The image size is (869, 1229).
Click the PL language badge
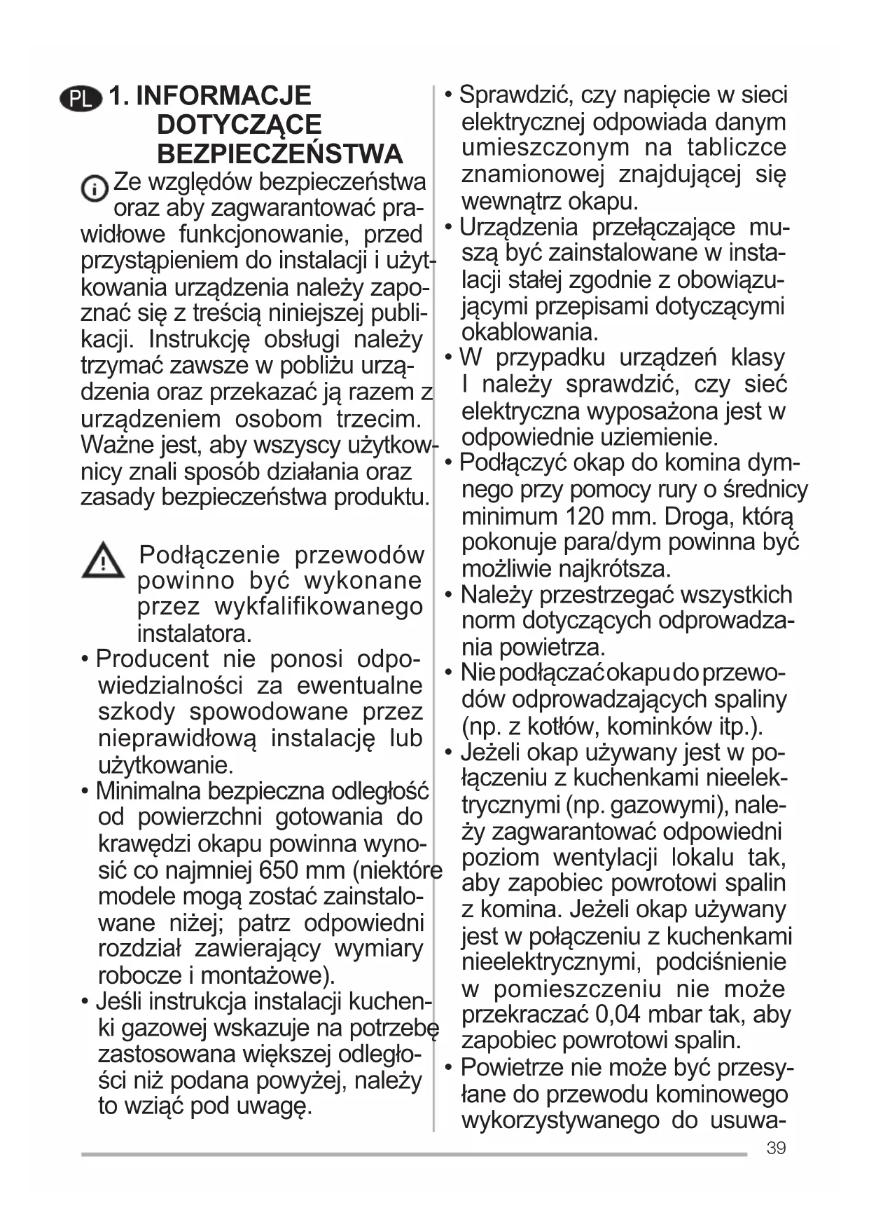[81, 99]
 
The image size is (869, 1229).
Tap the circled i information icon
[95, 188]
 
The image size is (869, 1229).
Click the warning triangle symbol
[102, 560]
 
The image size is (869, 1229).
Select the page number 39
[776, 1148]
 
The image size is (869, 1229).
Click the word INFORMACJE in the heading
[223, 96]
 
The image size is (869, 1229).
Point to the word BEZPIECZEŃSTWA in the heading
[279, 154]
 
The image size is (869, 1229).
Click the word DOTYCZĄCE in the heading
[239, 125]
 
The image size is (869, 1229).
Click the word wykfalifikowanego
[319, 607]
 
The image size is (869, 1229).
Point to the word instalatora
[194, 633]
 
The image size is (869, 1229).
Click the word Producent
[152, 659]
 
